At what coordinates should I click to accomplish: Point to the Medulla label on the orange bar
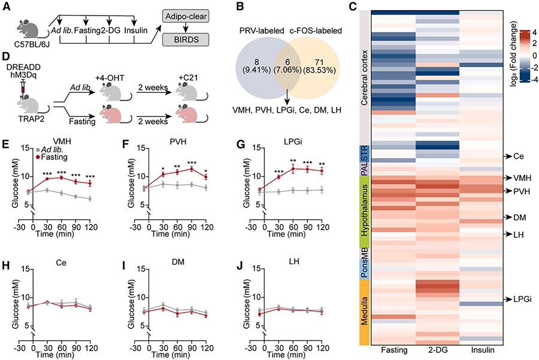point(364,313)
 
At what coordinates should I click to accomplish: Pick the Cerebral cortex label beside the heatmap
point(364,77)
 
